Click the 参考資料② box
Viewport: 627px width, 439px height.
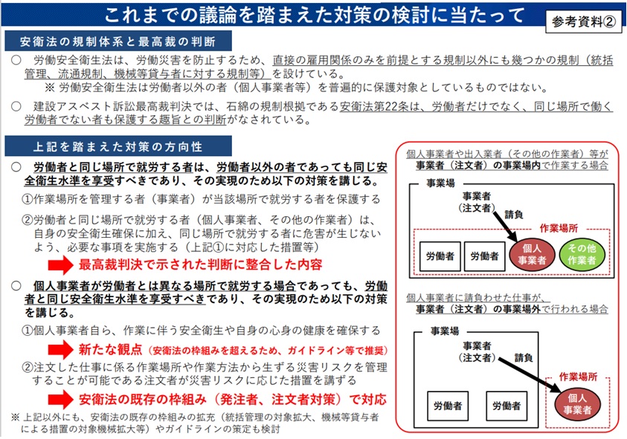click(x=583, y=22)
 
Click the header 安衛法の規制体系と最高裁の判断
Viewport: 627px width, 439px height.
click(x=118, y=41)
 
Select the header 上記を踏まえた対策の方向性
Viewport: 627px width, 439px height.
click(x=118, y=146)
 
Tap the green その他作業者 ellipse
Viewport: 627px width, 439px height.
click(x=582, y=255)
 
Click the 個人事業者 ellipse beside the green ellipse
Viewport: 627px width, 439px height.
click(x=532, y=255)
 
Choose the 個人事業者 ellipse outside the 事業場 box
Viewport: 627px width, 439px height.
click(x=577, y=403)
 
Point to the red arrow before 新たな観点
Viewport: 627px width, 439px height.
click(x=60, y=350)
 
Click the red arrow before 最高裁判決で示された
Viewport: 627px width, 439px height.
click(x=60, y=265)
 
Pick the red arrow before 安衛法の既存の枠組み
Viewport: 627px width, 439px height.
click(x=60, y=400)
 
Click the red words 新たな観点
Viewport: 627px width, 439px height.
click(x=110, y=350)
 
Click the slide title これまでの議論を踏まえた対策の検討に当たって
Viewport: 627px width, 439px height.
click(x=315, y=15)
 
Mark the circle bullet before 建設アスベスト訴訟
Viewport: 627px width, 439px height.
click(x=16, y=106)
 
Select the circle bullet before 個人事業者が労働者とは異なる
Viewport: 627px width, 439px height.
click(x=16, y=285)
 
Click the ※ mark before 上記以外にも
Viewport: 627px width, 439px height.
click(x=15, y=417)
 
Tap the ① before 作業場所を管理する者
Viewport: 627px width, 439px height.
click(x=28, y=199)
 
